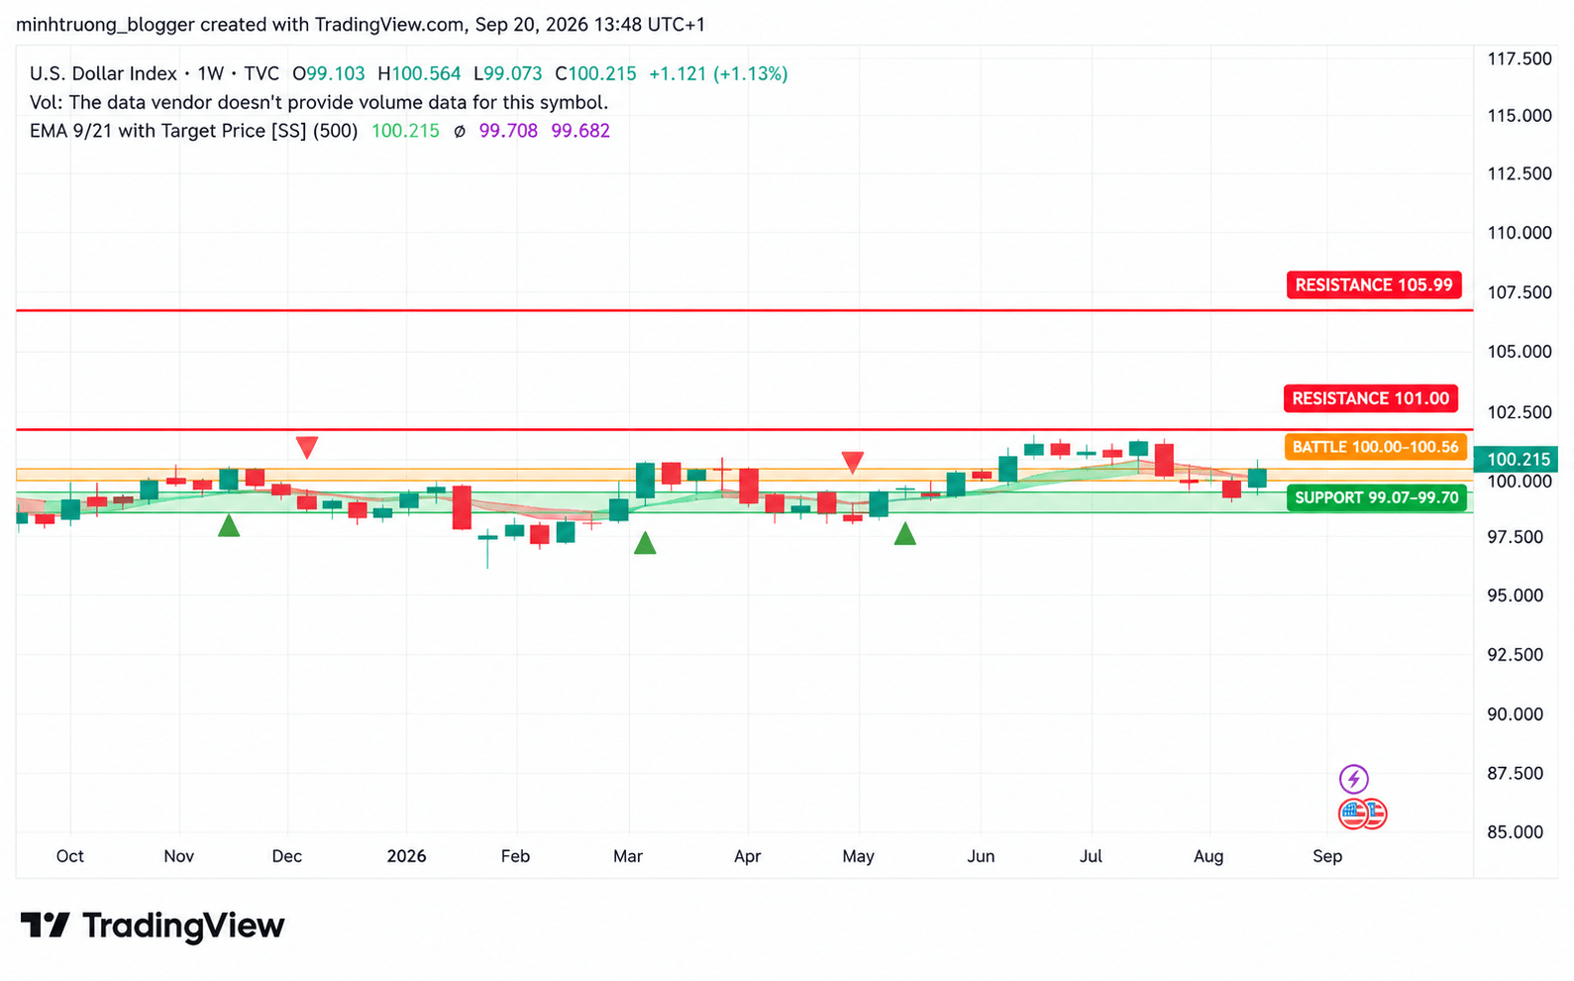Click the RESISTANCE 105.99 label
pyautogui.click(x=1374, y=284)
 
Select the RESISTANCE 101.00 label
pyautogui.click(x=1370, y=398)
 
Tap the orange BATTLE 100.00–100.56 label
pyautogui.click(x=1375, y=447)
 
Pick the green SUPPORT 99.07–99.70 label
pyautogui.click(x=1377, y=497)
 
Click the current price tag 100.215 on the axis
pyautogui.click(x=1518, y=459)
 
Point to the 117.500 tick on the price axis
pyautogui.click(x=1520, y=58)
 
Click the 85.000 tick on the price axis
pyautogui.click(x=1520, y=832)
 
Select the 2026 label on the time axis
pyautogui.click(x=406, y=856)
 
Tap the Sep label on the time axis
pyautogui.click(x=1327, y=856)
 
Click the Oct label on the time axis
pyautogui.click(x=69, y=856)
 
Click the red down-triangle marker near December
pyautogui.click(x=307, y=446)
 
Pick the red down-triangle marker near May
pyautogui.click(x=852, y=461)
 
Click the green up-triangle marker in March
pyautogui.click(x=644, y=544)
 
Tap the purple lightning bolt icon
pyautogui.click(x=1353, y=779)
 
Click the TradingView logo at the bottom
pyautogui.click(x=153, y=925)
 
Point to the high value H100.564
pyautogui.click(x=419, y=73)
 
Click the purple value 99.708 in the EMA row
pyautogui.click(x=508, y=131)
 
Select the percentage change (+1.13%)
pyautogui.click(x=751, y=73)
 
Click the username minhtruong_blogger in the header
pyautogui.click(x=105, y=25)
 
